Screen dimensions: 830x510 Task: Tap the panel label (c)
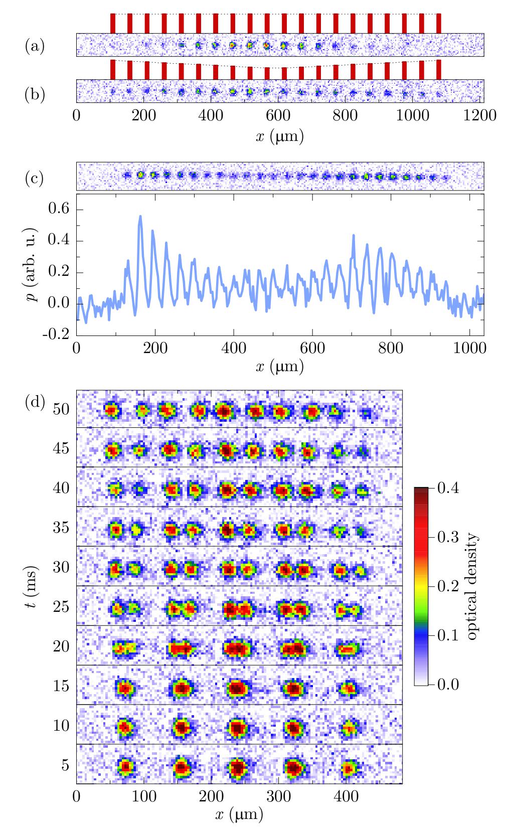(x=35, y=178)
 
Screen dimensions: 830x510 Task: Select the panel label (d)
(x=35, y=402)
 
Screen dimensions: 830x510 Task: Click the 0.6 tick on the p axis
(x=59, y=209)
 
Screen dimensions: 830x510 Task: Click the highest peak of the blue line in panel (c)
(x=140, y=216)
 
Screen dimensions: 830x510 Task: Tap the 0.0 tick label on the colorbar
(x=447, y=685)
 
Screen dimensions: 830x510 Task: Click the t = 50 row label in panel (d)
(x=61, y=409)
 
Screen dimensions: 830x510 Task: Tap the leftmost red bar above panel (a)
(x=113, y=24)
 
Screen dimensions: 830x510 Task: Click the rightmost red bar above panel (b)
(x=439, y=69)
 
